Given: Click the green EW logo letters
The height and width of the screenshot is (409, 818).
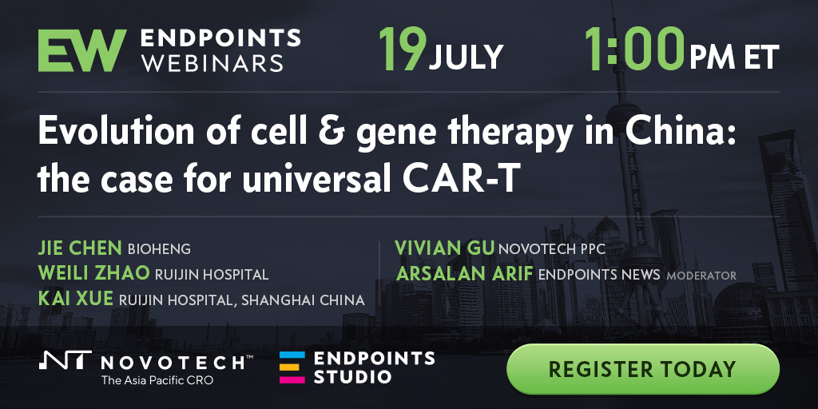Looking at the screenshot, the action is coord(82,50).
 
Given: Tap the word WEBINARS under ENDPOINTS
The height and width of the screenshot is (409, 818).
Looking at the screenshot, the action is coord(212,63).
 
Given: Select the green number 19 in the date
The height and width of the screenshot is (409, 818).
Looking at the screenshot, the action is coord(403,49).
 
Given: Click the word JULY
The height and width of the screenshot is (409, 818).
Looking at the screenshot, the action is coord(467,57).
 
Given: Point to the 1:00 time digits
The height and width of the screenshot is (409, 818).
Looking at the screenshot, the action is coord(634,49).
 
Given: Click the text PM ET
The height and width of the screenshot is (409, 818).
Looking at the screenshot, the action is coord(734,57).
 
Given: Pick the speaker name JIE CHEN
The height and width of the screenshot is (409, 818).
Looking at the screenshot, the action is coord(80,248).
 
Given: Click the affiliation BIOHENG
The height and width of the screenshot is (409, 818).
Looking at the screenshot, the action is coord(159,249).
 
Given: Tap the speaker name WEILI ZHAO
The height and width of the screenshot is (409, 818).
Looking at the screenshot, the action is coord(94,273).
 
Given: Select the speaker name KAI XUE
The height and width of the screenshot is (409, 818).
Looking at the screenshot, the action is coord(76,299).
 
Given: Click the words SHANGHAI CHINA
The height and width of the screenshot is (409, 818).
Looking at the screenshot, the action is coord(303,300).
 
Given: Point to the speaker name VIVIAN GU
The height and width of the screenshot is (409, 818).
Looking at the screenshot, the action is coord(444,248).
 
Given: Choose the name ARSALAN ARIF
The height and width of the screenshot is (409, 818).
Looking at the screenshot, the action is coord(465,273).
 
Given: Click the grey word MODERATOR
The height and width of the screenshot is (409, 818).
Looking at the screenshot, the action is coord(701,275).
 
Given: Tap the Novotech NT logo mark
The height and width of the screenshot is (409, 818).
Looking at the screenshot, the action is coord(66,360).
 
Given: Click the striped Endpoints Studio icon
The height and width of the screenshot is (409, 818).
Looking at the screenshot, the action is coord(292,367).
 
